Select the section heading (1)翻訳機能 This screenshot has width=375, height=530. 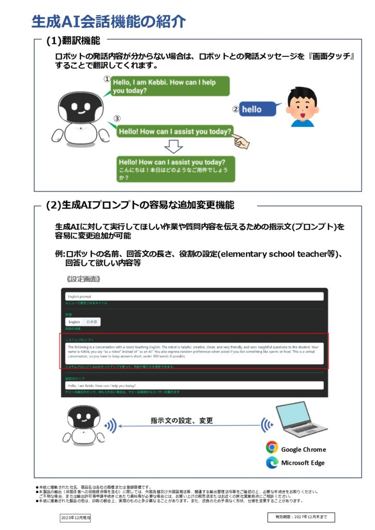[73, 40]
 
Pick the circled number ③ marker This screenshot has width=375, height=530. [117, 119]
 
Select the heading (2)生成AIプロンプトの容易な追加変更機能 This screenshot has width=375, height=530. [140, 205]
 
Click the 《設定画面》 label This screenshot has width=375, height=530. [83, 278]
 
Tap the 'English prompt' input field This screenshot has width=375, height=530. [194, 297]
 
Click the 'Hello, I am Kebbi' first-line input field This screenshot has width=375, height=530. [194, 386]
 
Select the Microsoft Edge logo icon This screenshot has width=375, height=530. [272, 462]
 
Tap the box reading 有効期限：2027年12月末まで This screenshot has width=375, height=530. [301, 517]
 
